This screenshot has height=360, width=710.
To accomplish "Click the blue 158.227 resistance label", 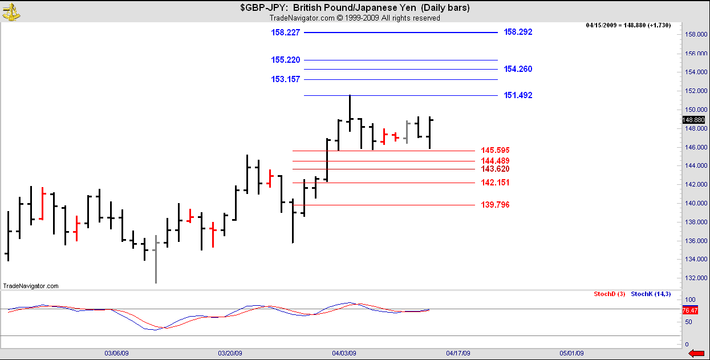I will click(x=286, y=33).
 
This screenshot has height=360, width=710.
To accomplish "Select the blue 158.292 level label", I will click(x=518, y=33).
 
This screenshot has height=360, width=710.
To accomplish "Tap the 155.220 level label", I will click(x=286, y=60).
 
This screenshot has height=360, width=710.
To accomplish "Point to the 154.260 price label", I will click(x=518, y=69).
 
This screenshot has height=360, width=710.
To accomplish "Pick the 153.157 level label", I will click(x=286, y=79).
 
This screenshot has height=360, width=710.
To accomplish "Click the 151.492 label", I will click(x=518, y=95).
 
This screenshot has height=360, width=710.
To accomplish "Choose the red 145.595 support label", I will click(x=495, y=151).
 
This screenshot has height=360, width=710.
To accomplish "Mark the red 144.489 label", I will click(x=495, y=161).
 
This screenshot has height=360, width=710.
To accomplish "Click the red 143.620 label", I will click(x=495, y=169).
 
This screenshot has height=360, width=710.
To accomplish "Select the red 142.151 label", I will click(x=495, y=183).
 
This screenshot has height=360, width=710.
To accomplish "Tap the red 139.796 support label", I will click(x=495, y=205).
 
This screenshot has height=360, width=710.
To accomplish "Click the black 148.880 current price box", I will click(x=693, y=120).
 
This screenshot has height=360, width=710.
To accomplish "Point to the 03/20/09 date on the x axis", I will click(x=230, y=353).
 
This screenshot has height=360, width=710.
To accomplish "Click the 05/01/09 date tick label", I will click(x=571, y=353).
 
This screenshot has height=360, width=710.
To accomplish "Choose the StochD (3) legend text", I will click(x=609, y=294).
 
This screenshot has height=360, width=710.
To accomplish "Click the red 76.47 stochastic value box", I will click(x=690, y=310).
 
